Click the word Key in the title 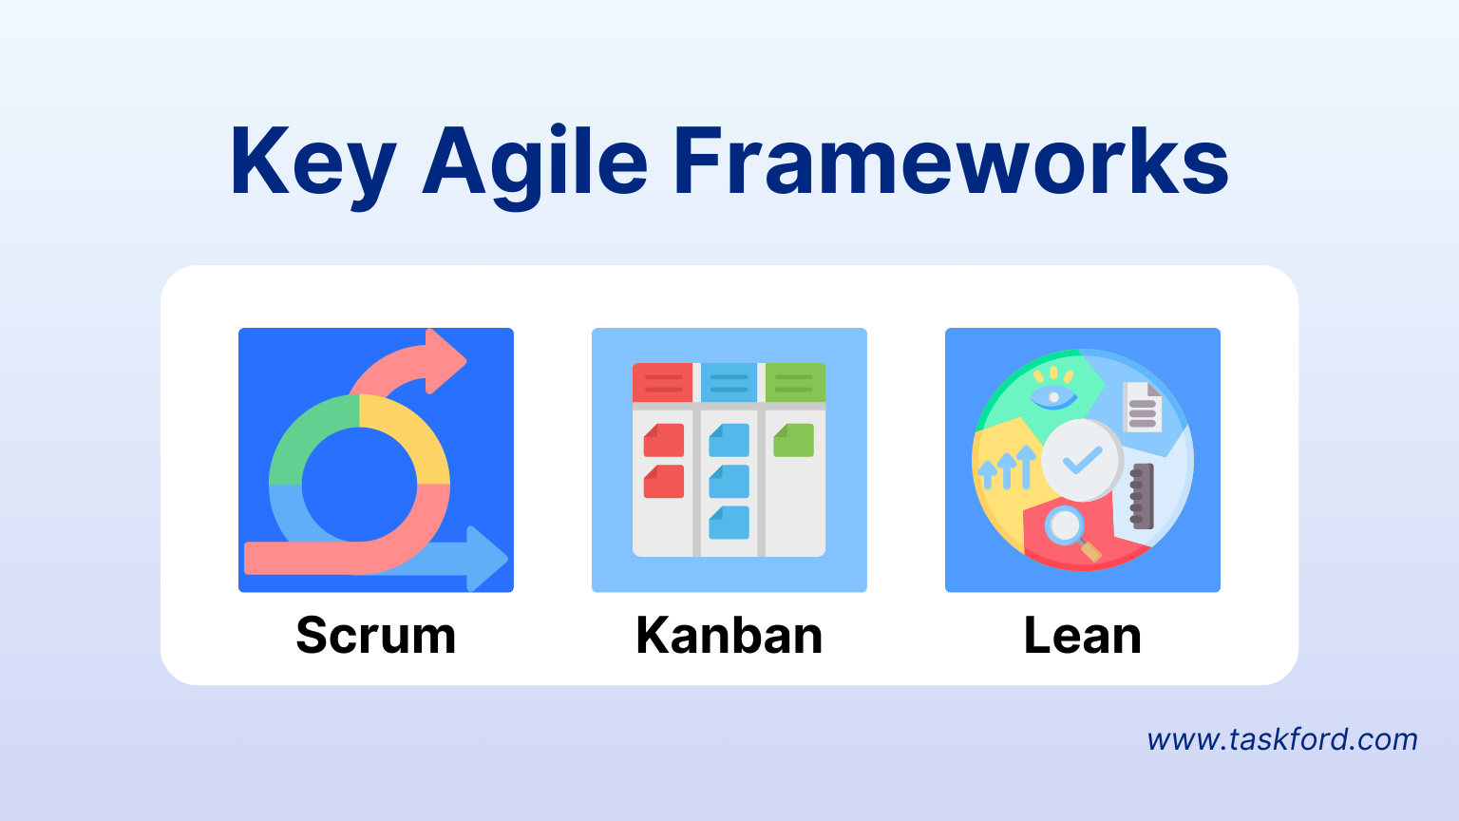pyautogui.click(x=312, y=163)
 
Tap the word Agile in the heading pyautogui.click(x=535, y=163)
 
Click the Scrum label pyautogui.click(x=376, y=636)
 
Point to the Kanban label pyautogui.click(x=729, y=636)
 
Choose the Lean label pyautogui.click(x=1082, y=636)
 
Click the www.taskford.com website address pyautogui.click(x=1281, y=739)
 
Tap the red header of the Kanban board pyautogui.click(x=663, y=383)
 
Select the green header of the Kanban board pyautogui.click(x=794, y=383)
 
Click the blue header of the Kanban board pyautogui.click(x=729, y=383)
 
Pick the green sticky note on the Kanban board pyautogui.click(x=794, y=441)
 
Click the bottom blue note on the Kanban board pyautogui.click(x=729, y=523)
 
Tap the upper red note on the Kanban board pyautogui.click(x=664, y=441)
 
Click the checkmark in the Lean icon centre pyautogui.click(x=1082, y=461)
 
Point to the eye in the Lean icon pyautogui.click(x=1052, y=395)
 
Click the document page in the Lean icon pyautogui.click(x=1142, y=407)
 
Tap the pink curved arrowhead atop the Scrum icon pyautogui.click(x=445, y=361)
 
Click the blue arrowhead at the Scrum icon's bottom pyautogui.click(x=487, y=559)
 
